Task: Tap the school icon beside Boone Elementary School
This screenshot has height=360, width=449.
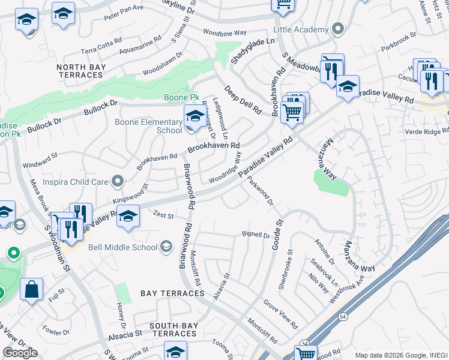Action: (x=194, y=116)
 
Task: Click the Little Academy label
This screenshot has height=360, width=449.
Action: (x=301, y=29)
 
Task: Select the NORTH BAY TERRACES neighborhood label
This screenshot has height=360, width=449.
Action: (x=80, y=70)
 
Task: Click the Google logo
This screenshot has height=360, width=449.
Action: (x=20, y=353)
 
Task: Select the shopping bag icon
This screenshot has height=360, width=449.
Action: (x=32, y=290)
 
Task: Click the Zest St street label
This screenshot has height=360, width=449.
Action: (x=163, y=215)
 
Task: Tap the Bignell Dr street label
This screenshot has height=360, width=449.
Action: (x=256, y=234)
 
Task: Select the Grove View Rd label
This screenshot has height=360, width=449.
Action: (x=280, y=314)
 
